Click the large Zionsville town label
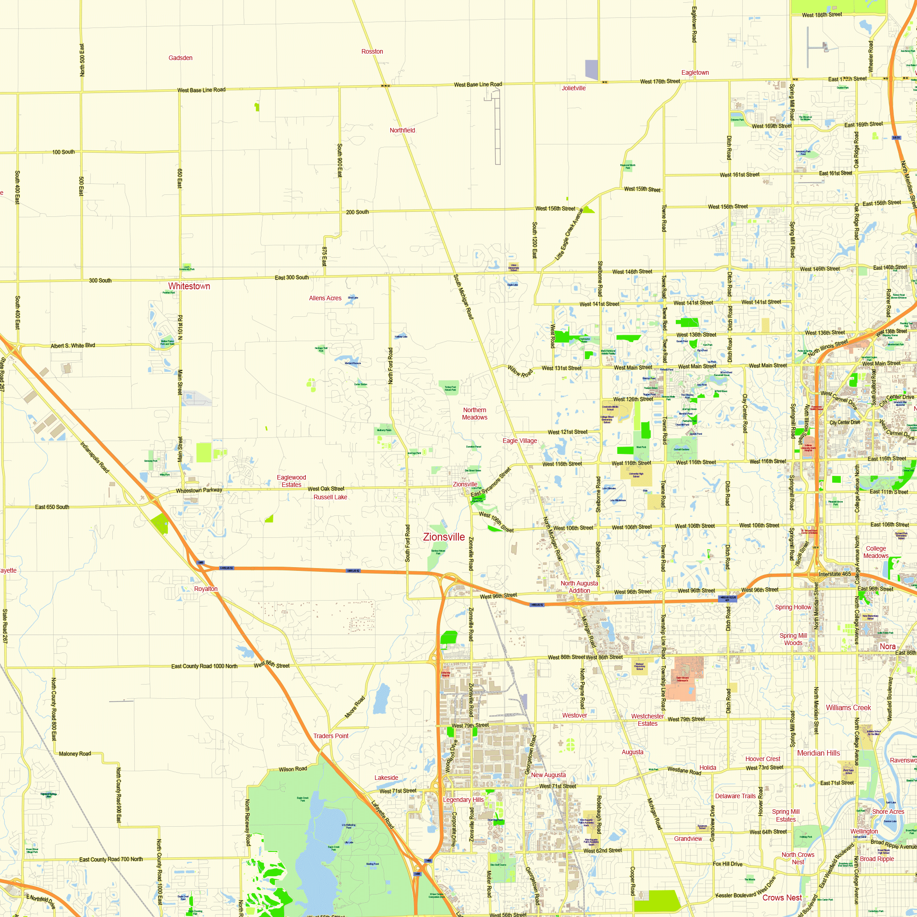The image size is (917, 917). pyautogui.click(x=444, y=537)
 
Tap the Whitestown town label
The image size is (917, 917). pyautogui.click(x=189, y=286)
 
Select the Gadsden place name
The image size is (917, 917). pyautogui.click(x=180, y=58)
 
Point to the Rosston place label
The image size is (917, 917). pyautogui.click(x=372, y=51)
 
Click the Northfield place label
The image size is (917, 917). pyautogui.click(x=402, y=130)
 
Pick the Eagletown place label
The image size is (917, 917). pyautogui.click(x=695, y=72)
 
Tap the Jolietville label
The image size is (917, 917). pyautogui.click(x=574, y=88)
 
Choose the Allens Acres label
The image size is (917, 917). pyautogui.click(x=325, y=298)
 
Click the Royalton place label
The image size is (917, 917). pyautogui.click(x=205, y=589)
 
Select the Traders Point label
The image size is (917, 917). pyautogui.click(x=331, y=736)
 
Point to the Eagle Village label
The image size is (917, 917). pyautogui.click(x=520, y=441)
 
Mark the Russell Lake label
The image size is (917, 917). pyautogui.click(x=330, y=497)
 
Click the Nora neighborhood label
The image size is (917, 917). pyautogui.click(x=887, y=646)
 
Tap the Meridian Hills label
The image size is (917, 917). pyautogui.click(x=818, y=753)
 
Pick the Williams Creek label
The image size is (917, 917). pyautogui.click(x=848, y=707)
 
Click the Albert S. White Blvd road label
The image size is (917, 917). pyautogui.click(x=72, y=346)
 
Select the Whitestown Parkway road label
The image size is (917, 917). pyautogui.click(x=199, y=490)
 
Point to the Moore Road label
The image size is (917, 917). pyautogui.click(x=354, y=707)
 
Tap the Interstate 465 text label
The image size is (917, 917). pyautogui.click(x=835, y=574)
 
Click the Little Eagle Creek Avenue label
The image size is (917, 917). pyautogui.click(x=569, y=234)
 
